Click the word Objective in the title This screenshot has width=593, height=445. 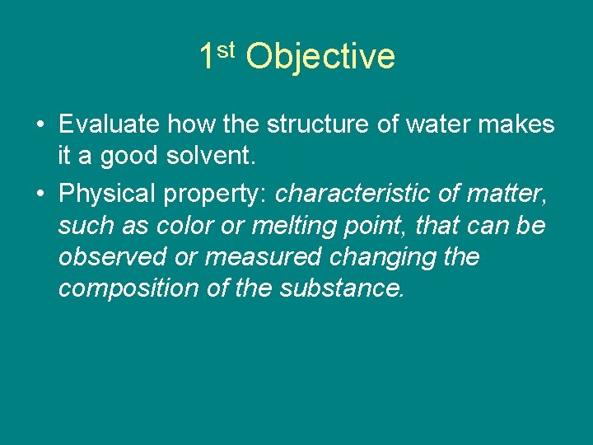tap(320, 57)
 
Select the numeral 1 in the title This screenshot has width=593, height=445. tap(207, 57)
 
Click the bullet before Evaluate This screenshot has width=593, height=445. tap(40, 125)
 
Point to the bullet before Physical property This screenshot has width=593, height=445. tap(40, 194)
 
